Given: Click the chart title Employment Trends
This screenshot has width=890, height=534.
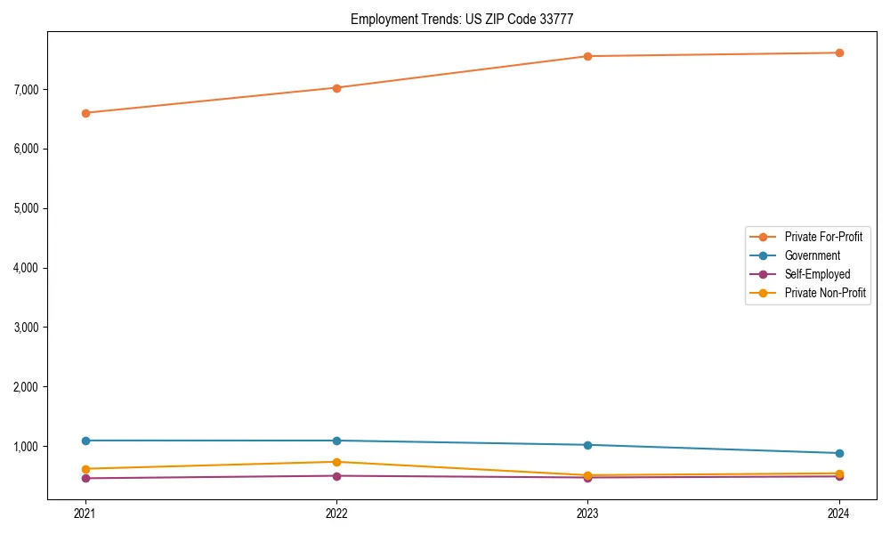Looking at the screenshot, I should click(468, 19).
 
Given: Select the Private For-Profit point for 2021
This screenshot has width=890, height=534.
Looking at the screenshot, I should click(85, 113).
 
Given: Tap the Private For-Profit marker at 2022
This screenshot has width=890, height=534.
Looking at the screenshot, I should click(336, 88).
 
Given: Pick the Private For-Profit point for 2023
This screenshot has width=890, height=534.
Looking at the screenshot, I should click(587, 56).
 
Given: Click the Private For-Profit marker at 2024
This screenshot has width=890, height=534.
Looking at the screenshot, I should click(839, 53).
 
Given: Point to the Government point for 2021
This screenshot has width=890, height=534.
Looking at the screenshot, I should click(85, 441).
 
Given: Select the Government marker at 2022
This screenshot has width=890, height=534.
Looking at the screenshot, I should click(336, 441).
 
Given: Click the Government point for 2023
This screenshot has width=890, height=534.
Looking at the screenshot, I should click(587, 445).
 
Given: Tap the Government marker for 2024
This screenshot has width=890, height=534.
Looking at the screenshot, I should click(839, 453).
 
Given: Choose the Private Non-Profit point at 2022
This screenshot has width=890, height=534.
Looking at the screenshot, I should click(336, 462).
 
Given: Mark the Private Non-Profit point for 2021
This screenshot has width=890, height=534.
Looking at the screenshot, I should click(85, 469).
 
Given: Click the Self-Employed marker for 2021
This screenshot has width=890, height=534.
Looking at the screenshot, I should click(85, 478).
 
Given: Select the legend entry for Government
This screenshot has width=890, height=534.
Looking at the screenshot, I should click(812, 255).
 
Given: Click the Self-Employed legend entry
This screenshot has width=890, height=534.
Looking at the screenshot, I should click(817, 274).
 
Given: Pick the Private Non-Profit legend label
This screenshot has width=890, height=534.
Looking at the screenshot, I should click(825, 293).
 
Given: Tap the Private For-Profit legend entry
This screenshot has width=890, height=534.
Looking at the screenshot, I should click(823, 237).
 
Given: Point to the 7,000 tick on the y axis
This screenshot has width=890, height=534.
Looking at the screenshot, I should click(26, 89).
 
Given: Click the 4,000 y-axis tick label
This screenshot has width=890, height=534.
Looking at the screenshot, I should click(26, 268).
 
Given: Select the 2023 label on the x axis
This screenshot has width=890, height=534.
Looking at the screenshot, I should click(587, 513).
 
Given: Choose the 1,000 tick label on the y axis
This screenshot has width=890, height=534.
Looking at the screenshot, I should click(26, 447).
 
